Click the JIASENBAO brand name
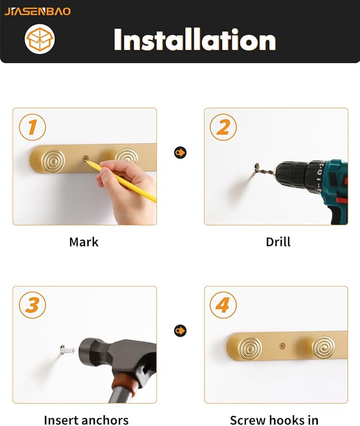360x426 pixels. click(x=37, y=12)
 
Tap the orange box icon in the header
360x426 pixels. click(x=40, y=39)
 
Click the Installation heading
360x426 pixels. click(x=195, y=40)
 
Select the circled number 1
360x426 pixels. click(x=32, y=127)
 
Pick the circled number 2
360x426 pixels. click(x=223, y=127)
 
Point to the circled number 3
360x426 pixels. click(x=32, y=305)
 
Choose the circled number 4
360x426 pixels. click(x=223, y=305)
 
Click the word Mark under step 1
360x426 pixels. click(x=84, y=242)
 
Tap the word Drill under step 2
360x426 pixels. click(x=278, y=242)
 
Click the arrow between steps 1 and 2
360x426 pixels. click(x=180, y=152)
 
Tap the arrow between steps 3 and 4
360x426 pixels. click(x=180, y=331)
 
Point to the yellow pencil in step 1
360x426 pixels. click(x=122, y=181)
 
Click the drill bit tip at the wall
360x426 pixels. click(x=256, y=166)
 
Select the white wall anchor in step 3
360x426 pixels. click(x=67, y=348)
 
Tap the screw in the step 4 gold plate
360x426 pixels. click(x=282, y=346)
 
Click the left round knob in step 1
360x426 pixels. click(x=53, y=160)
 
